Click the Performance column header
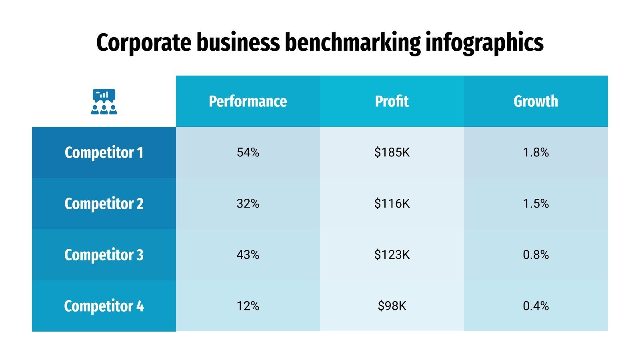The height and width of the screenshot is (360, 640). [248, 101]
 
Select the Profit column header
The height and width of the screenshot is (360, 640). [392, 101]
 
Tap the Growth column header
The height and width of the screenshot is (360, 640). [536, 101]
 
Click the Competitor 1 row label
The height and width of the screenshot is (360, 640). [104, 152]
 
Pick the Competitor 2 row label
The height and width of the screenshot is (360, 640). [104, 204]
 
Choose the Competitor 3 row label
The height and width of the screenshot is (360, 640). [104, 255]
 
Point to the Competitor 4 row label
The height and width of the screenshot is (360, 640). [104, 306]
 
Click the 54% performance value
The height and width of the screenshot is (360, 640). [248, 152]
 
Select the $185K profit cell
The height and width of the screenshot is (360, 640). [392, 152]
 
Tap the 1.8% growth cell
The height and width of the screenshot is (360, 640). [536, 152]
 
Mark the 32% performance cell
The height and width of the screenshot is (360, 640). [248, 204]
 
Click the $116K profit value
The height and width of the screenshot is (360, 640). [392, 204]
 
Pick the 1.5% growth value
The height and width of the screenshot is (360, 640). [536, 204]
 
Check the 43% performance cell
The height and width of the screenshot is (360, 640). [248, 255]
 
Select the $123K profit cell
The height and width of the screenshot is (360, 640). [392, 255]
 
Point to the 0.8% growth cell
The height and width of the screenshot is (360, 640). [536, 255]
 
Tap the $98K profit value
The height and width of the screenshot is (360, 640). [392, 306]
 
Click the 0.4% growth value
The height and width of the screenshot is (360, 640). [536, 306]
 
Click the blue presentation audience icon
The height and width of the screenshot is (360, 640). [104, 102]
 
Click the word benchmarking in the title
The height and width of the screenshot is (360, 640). [352, 42]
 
